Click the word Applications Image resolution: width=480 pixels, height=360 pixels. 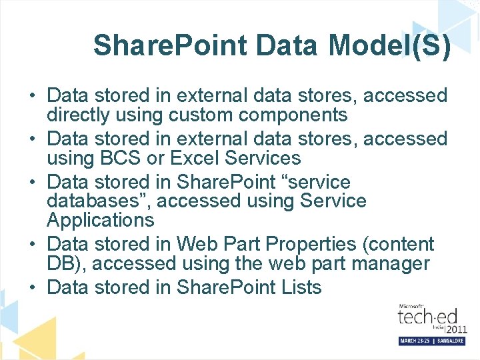pos(100,219)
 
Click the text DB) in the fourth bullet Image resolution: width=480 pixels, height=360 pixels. pos(66,263)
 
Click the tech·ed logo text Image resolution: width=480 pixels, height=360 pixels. pos(424,318)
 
